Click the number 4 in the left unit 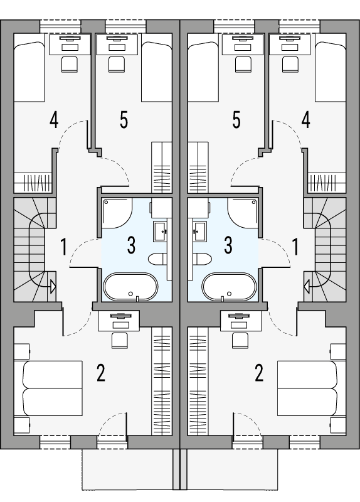pos(55,119)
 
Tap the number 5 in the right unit pos(236,119)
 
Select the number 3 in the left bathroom pos(131,245)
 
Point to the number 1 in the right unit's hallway pos(295,247)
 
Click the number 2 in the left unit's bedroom pos(100,373)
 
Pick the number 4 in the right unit pos(305,119)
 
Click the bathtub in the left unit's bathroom pos(130,287)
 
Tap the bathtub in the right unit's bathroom pos(229,287)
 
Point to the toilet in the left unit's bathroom pos(157,259)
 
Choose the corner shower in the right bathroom pos(244,213)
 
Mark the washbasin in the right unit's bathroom pos(201,230)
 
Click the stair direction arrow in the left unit pos(52,288)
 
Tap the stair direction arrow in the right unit pos(307,288)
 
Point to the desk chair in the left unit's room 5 pos(115,63)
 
